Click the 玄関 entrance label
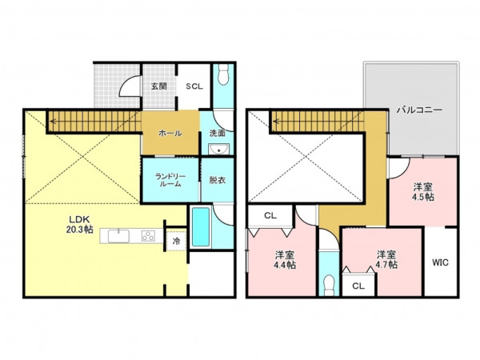[159, 86]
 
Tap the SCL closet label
[194, 86]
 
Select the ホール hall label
[170, 133]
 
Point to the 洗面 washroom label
[218, 133]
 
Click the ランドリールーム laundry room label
[170, 180]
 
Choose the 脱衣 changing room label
[218, 180]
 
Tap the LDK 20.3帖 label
[79, 224]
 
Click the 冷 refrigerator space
[176, 242]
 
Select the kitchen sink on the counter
[118, 236]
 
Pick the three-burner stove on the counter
[148, 236]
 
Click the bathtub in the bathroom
[201, 227]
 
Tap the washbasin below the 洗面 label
[218, 149]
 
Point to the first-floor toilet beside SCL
[224, 74]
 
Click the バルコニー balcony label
[419, 110]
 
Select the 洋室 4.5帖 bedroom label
[423, 192]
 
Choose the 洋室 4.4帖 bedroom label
[285, 259]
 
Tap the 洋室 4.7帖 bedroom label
[386, 259]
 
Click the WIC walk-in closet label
[441, 262]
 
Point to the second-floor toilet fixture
[329, 285]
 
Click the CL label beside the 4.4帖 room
[270, 215]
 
